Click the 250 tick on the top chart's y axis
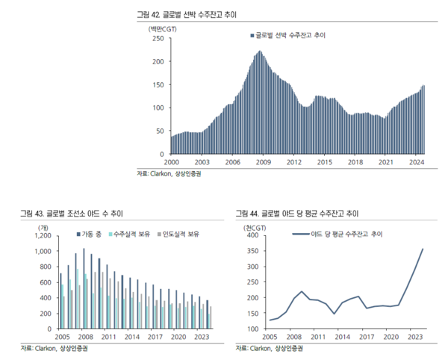[x=157, y=39]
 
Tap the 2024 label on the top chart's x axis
[x=417, y=162]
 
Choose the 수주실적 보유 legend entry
[x=132, y=235]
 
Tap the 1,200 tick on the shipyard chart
[x=43, y=236]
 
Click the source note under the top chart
[x=169, y=174]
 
